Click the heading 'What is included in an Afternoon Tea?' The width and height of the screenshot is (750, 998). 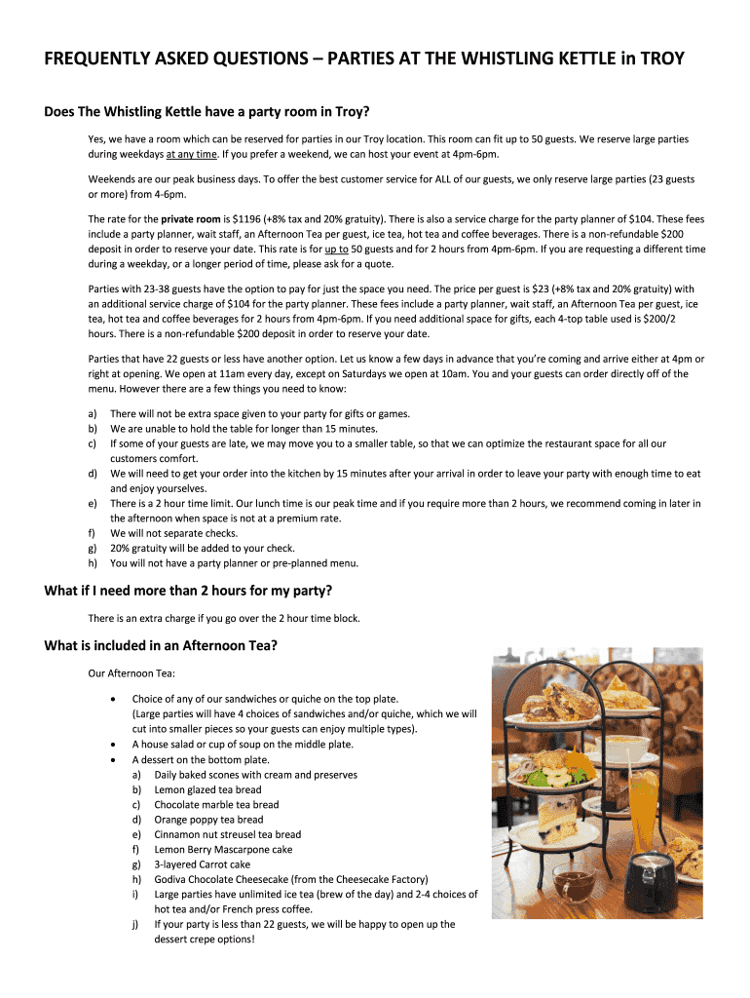click(161, 644)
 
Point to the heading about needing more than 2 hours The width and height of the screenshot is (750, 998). click(188, 591)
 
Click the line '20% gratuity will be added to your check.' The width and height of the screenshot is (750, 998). click(203, 548)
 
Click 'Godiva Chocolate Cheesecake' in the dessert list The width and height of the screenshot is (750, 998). click(216, 878)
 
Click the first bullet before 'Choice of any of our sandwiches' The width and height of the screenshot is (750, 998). click(116, 699)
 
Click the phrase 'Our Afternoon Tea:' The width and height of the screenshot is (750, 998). click(129, 672)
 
